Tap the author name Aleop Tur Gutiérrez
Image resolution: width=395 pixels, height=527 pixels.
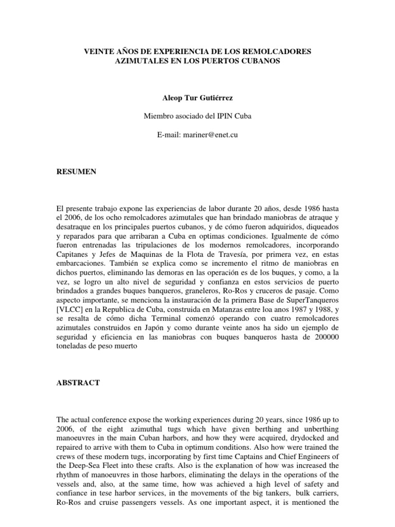197,97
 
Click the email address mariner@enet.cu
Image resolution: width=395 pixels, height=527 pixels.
211,135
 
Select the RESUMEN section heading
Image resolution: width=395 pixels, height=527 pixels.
76,172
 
